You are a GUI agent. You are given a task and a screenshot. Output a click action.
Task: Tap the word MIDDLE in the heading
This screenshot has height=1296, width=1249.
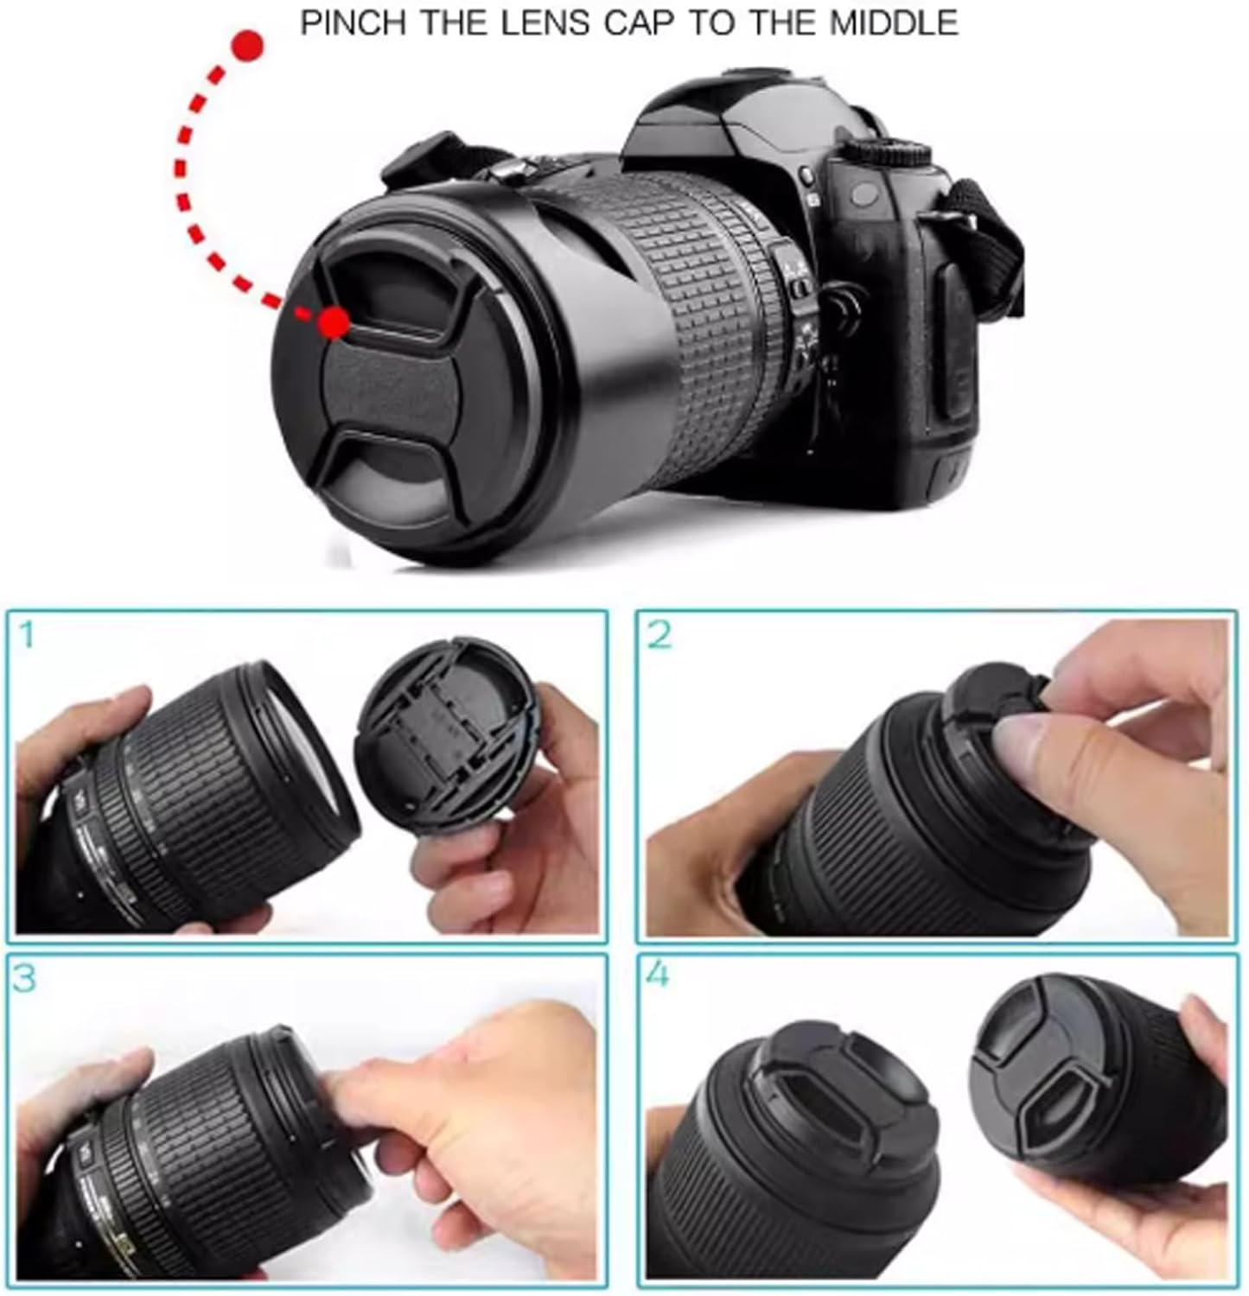894,22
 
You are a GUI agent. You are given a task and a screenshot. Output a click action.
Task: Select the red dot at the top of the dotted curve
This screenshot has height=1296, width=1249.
249,46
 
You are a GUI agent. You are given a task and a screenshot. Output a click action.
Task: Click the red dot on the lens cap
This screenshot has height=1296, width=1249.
333,323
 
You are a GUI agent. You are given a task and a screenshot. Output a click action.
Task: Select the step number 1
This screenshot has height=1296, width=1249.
26,635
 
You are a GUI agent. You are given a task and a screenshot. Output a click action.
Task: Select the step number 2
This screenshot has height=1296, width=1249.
659,636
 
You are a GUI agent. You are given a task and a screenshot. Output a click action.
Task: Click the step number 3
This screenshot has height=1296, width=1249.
25,978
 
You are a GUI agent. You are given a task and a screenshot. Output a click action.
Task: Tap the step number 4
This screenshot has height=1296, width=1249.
658,975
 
